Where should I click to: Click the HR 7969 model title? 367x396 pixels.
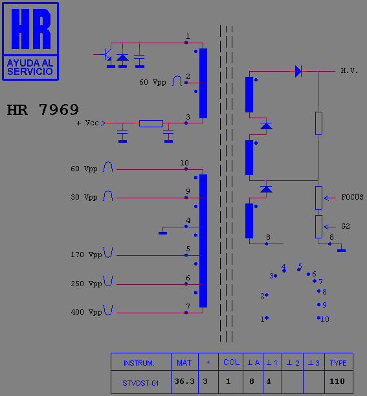click(43, 110)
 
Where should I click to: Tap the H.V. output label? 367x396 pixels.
click(350, 70)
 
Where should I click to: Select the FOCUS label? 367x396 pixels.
click(352, 197)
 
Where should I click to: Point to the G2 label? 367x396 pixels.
click(346, 226)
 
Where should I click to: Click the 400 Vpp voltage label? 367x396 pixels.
click(86, 313)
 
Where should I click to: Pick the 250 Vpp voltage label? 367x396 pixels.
click(86, 284)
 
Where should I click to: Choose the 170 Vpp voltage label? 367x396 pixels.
click(86, 255)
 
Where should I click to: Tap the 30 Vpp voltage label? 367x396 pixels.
click(84, 197)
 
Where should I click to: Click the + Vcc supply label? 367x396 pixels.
click(87, 123)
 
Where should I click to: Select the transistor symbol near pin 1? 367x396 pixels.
click(107, 55)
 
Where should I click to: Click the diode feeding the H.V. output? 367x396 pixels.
click(298, 71)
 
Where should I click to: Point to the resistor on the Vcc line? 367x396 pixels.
click(151, 123)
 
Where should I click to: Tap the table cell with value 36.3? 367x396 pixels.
click(184, 381)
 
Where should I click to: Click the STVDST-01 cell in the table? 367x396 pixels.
click(140, 383)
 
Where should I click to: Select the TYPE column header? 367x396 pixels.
click(338, 363)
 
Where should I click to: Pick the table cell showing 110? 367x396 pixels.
click(337, 381)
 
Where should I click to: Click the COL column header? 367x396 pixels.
click(231, 362)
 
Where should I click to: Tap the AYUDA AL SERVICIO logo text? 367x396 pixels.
click(30, 67)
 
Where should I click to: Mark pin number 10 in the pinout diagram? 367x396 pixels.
click(325, 319)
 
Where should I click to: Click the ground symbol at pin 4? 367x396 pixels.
click(162, 233)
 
